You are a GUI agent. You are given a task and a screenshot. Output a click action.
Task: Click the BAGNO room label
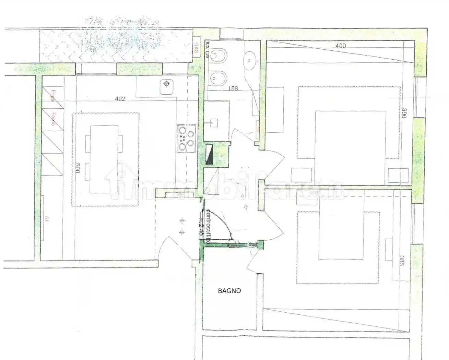(x=229, y=291)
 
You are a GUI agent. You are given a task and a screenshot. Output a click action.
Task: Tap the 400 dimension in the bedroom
(x=341, y=46)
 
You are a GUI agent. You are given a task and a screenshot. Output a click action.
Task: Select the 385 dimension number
(x=402, y=262)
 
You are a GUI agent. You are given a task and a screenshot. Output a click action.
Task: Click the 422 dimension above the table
(x=120, y=99)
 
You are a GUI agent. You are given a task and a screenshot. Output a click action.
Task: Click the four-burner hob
(x=186, y=139)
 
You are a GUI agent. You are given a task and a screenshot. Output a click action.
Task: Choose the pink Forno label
(x=53, y=119)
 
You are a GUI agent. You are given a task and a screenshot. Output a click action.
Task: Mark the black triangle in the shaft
(x=209, y=154)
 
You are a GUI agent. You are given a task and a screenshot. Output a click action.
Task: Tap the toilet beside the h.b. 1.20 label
(x=216, y=56)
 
